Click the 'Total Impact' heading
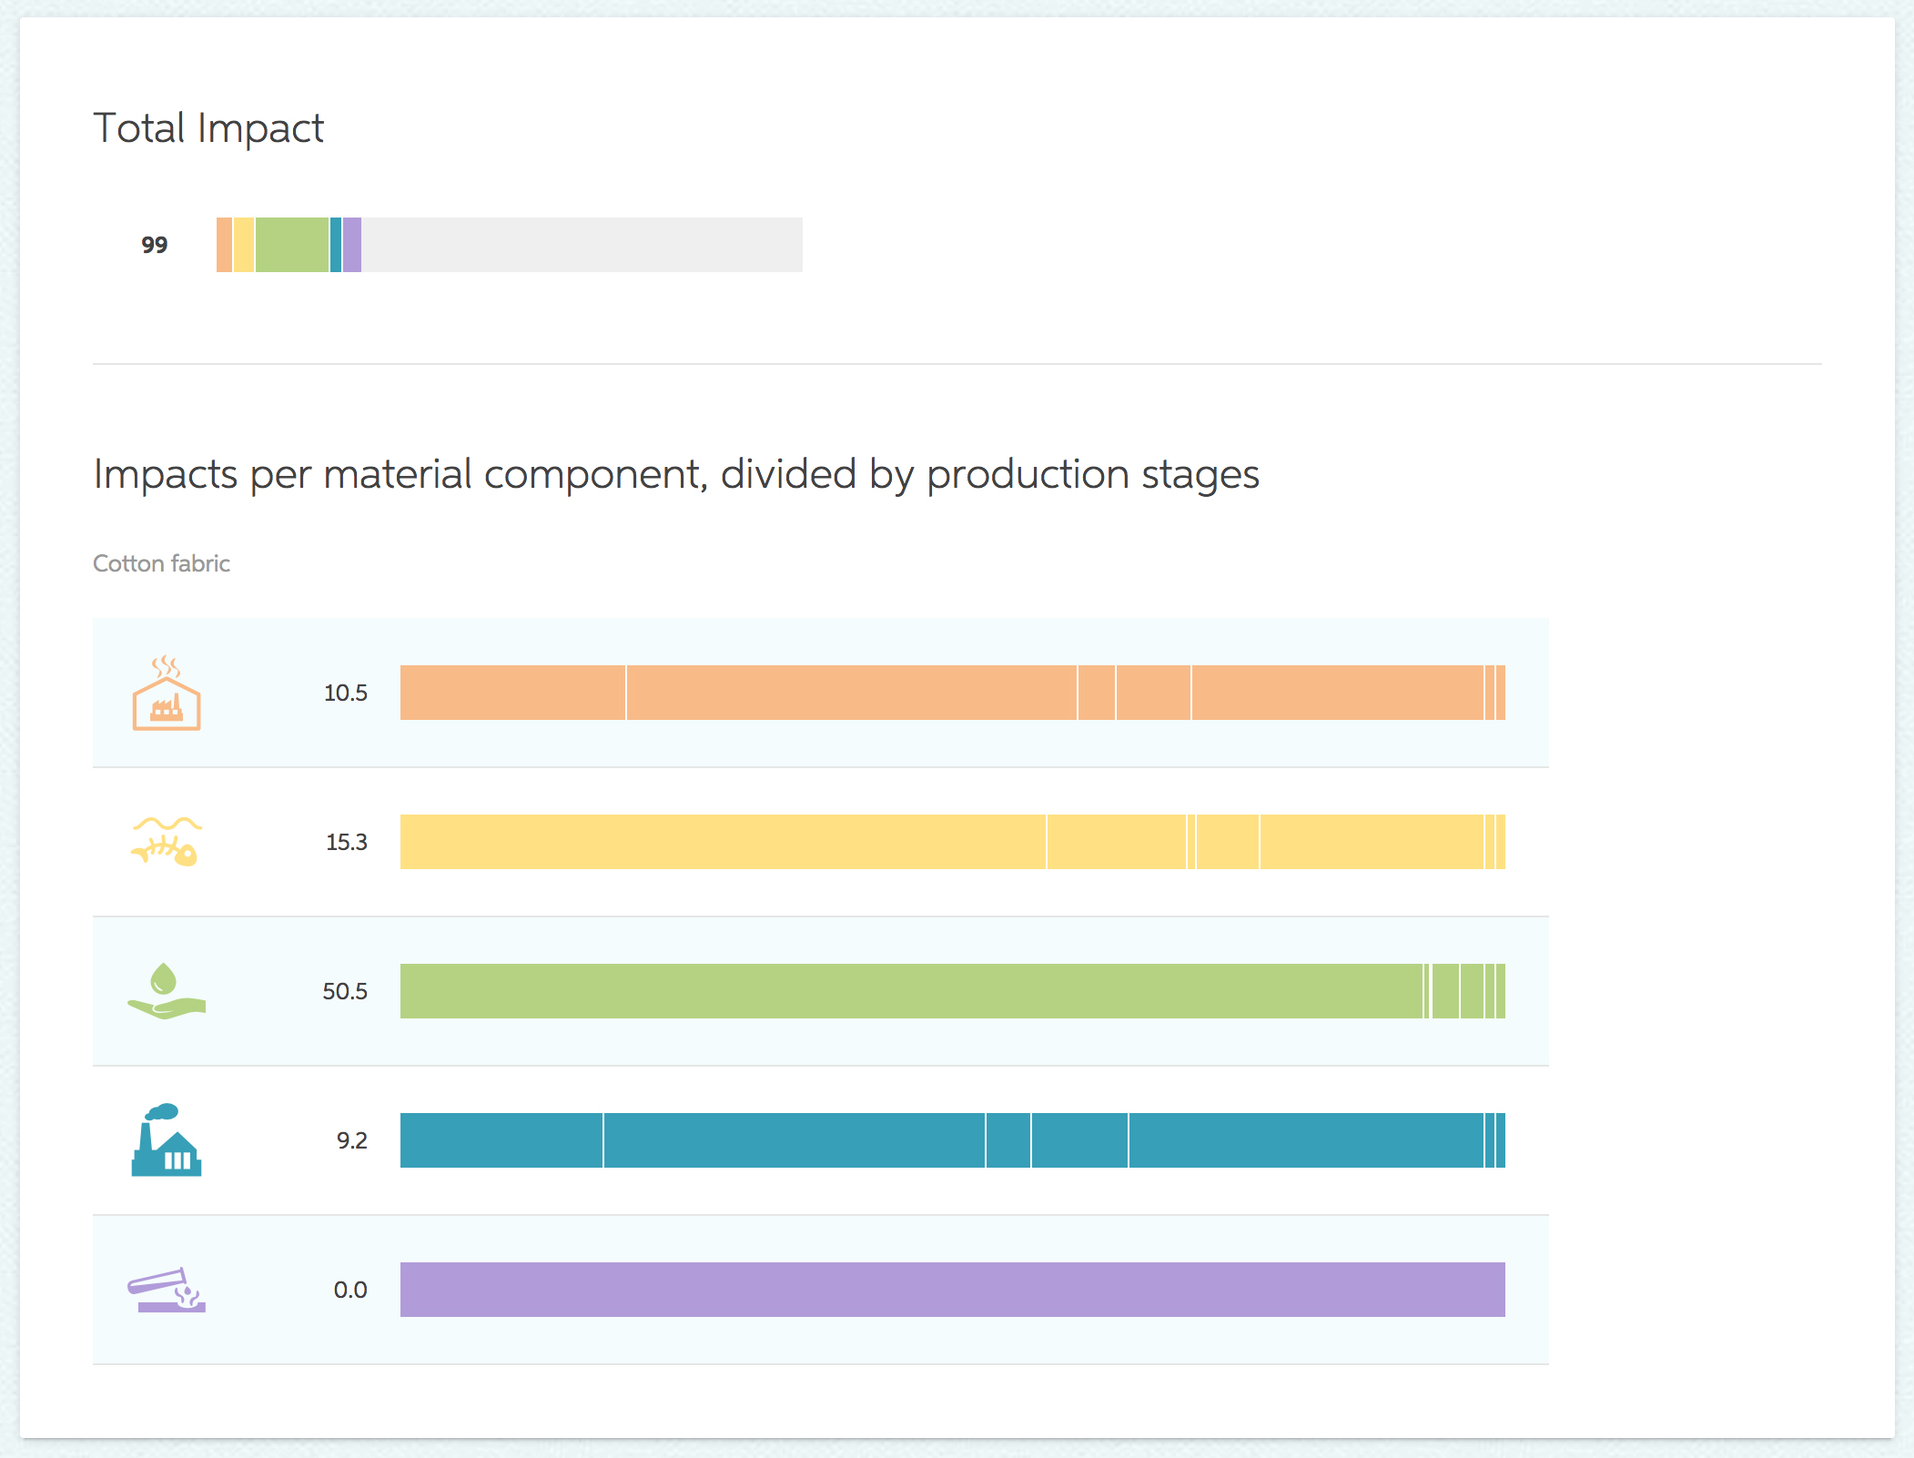[208, 128]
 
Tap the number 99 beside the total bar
[155, 245]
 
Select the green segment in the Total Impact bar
[292, 245]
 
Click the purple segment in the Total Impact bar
[352, 245]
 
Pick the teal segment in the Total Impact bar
[336, 245]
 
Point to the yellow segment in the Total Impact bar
[244, 245]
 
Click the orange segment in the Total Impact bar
[224, 245]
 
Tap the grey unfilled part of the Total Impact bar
[582, 245]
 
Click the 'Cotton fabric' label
[162, 563]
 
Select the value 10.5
[346, 694]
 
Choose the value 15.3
[347, 843]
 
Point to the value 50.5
[345, 992]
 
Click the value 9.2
[352, 1141]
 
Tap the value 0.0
[350, 1291]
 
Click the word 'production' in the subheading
[1028, 475]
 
